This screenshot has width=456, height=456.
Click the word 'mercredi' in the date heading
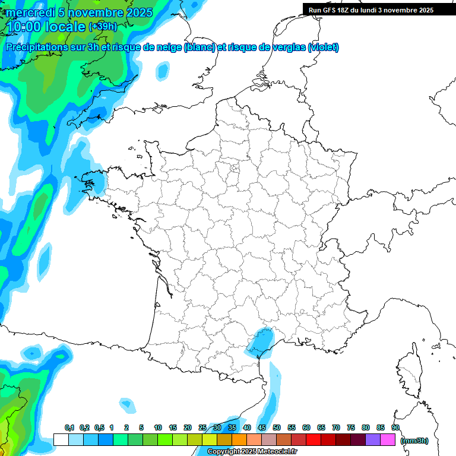[x=28, y=12]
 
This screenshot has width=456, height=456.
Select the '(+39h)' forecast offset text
[x=103, y=27]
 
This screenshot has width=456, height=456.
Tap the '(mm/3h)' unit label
[x=414, y=440]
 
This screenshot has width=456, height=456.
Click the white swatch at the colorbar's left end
[x=61, y=439]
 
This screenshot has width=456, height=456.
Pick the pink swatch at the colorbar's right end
[x=388, y=439]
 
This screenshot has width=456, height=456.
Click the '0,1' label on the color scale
[x=69, y=428]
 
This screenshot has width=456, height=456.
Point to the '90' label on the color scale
[x=395, y=428]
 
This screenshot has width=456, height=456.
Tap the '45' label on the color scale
[x=262, y=428]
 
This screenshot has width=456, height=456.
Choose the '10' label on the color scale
[x=158, y=428]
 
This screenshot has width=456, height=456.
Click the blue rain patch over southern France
[x=260, y=341]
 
